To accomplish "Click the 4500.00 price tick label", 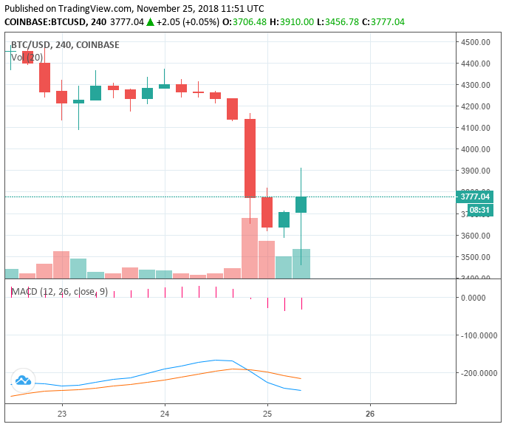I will pos(475,42).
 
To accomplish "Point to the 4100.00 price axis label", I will pos(475,128).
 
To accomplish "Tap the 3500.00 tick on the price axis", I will pos(475,257).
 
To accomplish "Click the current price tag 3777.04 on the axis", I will pos(475,197).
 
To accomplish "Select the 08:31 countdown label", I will pos(479,210).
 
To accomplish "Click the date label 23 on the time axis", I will pos(62,414).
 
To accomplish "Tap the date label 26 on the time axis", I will pos(370,414).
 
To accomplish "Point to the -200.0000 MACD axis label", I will pos(477,373).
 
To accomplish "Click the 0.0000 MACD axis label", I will pos(481,298).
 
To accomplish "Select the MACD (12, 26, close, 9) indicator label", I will pos(60,292).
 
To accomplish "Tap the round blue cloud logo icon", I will pos(23,380).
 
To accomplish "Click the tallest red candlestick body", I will pos(250,158).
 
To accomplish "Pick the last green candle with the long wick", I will pos(301,205).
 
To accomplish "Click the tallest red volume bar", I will pos(250,247).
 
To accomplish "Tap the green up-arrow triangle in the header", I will pos(151,22).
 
